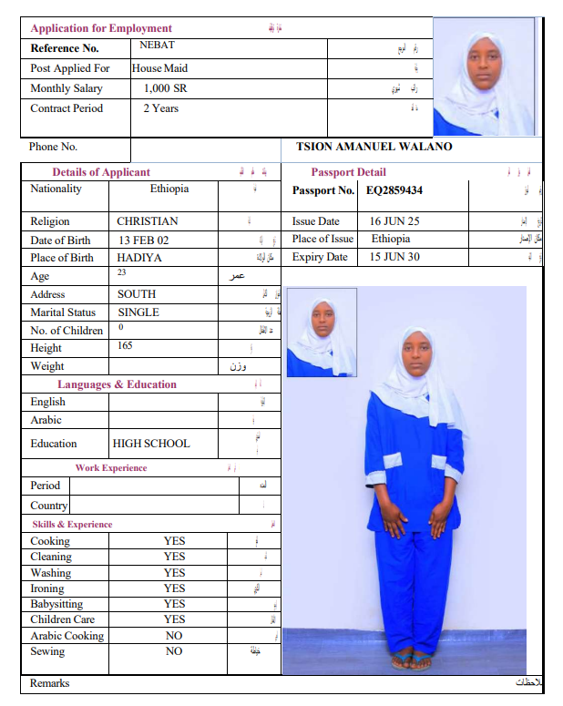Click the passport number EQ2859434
[x=394, y=190]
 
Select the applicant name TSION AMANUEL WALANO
[x=374, y=147]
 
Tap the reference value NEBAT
[x=157, y=45]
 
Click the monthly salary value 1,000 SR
[x=165, y=88]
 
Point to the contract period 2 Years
[x=160, y=108]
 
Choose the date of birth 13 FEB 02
[x=144, y=240]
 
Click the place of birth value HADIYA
[x=139, y=258]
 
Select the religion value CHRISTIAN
[x=148, y=221]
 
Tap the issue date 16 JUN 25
[x=394, y=221]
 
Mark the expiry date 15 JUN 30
[x=394, y=257]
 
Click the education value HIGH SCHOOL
[x=151, y=444]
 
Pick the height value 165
[x=126, y=346]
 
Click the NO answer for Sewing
[x=174, y=651]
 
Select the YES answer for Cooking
[x=174, y=541]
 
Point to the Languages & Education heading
[x=117, y=384]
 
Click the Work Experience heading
[x=111, y=468]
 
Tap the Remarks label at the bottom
[x=49, y=683]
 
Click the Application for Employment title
[x=101, y=28]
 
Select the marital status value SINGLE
[x=138, y=312]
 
